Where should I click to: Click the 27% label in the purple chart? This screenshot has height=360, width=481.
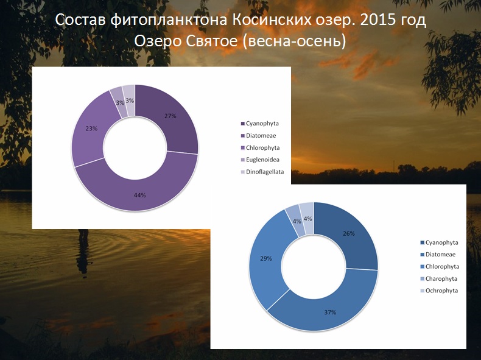pyautogui.click(x=170, y=116)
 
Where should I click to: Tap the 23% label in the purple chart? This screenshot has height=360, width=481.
pyautogui.click(x=91, y=129)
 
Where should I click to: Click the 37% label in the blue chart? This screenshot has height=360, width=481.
pyautogui.click(x=330, y=312)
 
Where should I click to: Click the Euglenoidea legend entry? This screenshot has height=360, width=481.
pyautogui.click(x=260, y=160)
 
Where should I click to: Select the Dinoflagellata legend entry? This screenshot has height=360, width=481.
pyautogui.click(x=262, y=172)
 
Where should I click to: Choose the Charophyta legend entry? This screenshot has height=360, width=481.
pyautogui.click(x=438, y=278)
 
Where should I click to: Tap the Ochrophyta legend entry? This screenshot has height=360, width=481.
pyautogui.click(x=439, y=291)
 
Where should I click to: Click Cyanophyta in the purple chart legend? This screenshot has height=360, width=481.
pyautogui.click(x=259, y=124)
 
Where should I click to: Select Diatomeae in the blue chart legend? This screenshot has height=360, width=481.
pyautogui.click(x=438, y=255)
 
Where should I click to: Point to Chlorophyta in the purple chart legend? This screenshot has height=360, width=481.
pyautogui.click(x=260, y=147)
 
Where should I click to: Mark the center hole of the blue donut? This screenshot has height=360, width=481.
pyautogui.click(x=314, y=267)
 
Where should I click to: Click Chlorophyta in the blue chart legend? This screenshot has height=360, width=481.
pyautogui.click(x=439, y=267)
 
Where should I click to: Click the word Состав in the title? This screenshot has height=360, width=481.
pyautogui.click(x=80, y=20)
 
